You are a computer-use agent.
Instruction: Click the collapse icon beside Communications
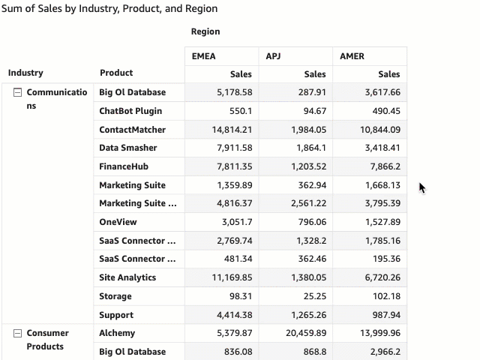[17, 92]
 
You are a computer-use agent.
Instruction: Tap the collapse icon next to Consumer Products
[17, 333]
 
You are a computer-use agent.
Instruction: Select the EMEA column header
[204, 56]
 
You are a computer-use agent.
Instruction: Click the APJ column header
[274, 56]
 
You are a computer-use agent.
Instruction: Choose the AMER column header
[352, 56]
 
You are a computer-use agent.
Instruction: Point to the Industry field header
[25, 73]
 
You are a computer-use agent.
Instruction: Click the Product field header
[116, 73]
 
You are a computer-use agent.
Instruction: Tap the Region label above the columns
[205, 31]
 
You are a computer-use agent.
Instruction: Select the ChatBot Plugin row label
[130, 111]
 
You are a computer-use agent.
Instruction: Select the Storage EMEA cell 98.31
[238, 296]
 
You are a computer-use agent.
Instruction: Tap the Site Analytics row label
[127, 277]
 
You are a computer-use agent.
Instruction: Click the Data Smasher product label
[128, 148]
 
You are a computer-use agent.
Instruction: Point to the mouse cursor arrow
[422, 187]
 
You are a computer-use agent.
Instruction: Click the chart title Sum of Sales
[109, 9]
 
